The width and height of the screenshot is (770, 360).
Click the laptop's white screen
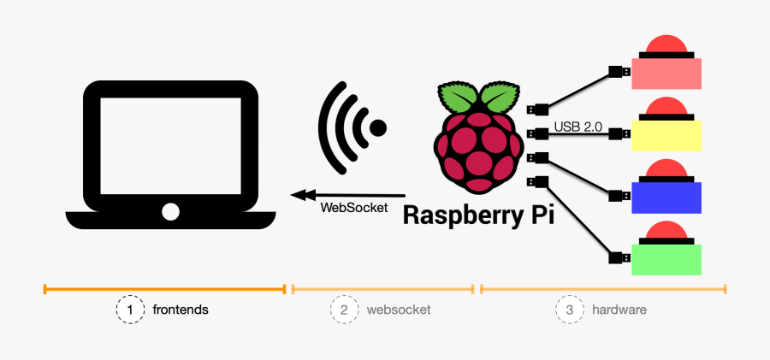pos(171,146)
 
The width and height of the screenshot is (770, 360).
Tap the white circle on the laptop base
pos(170,211)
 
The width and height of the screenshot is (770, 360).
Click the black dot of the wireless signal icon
pos(378,128)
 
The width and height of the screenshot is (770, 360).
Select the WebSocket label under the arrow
pos(354,208)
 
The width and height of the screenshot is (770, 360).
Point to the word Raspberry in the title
pos(459,216)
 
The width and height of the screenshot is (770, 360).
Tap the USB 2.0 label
pos(578,127)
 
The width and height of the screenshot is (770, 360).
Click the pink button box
pos(666,74)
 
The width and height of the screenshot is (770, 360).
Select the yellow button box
pos(666,136)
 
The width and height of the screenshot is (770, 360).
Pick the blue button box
pos(666,198)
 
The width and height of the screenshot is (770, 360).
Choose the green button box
pos(666,260)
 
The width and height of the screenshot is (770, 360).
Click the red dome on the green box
pos(666,230)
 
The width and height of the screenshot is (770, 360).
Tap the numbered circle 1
pos(130,310)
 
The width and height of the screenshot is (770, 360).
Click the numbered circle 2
pos(344,310)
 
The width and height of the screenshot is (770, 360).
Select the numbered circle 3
pos(570,310)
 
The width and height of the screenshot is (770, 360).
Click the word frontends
pos(181,310)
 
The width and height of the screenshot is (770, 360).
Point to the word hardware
pos(619,310)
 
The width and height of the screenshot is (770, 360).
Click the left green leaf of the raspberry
pos(457,97)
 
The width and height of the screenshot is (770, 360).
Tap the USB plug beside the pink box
pos(619,72)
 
